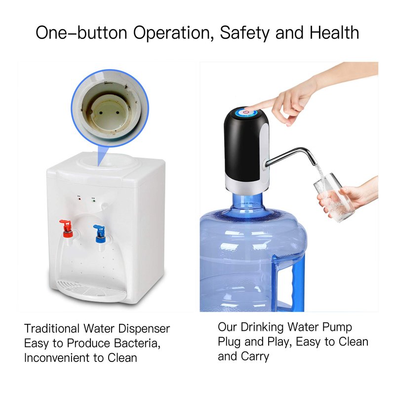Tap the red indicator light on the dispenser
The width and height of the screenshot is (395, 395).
(79, 199)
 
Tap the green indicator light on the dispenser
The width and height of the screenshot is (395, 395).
(94, 201)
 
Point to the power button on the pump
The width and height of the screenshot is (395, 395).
(245, 112)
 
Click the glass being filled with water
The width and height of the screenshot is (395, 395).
(332, 197)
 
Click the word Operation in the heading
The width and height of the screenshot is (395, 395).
(171, 33)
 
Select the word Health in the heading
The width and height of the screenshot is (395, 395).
(334, 33)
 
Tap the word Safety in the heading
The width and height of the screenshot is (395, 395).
(244, 33)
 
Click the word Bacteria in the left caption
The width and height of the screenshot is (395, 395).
(137, 343)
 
